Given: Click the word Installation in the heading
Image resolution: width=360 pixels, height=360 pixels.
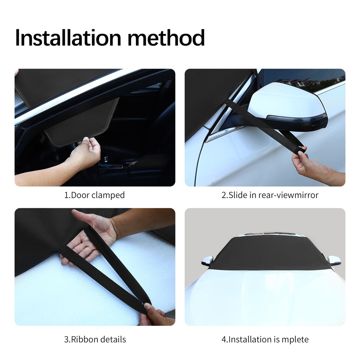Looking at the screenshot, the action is pos(68,37).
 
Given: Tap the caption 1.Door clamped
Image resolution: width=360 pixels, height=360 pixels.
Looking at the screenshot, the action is pos(94,195).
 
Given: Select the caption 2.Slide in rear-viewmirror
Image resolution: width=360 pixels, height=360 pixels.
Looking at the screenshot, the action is pos(270,195).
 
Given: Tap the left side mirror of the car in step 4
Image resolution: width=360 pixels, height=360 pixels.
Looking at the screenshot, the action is pos(207,261).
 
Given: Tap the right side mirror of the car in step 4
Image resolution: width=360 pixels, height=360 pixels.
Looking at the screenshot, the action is pos(334,260).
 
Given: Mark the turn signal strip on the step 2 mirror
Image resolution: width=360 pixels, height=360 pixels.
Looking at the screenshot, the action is pos(297,118).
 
